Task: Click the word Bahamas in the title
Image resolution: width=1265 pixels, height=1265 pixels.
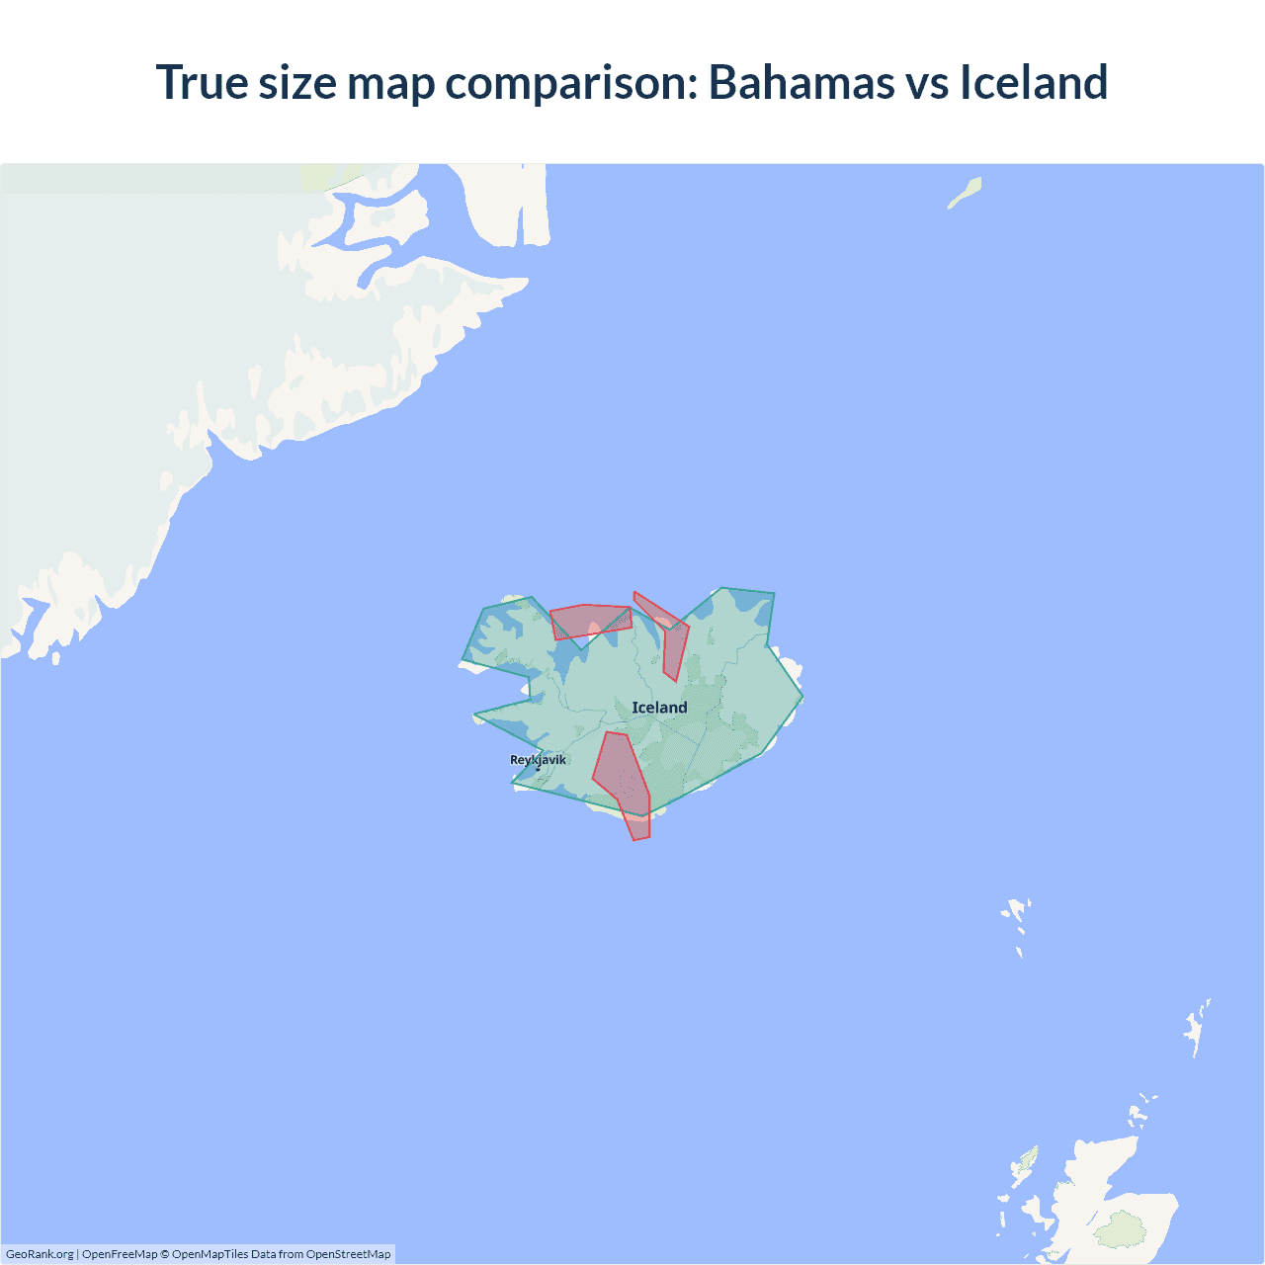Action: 801,82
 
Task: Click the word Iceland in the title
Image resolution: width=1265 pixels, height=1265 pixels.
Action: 1034,82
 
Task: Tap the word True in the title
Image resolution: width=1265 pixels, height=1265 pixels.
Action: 202,82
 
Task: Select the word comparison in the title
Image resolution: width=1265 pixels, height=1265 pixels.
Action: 572,82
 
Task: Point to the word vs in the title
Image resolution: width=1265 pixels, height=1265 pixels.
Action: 928,82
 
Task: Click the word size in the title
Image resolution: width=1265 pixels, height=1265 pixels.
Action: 296,82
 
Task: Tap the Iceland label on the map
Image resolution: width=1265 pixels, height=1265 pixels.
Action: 659,708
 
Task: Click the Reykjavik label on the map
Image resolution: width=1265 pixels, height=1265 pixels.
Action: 538,759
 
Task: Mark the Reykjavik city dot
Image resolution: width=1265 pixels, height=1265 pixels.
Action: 538,768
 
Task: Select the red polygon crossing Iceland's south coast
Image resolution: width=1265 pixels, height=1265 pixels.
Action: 623,781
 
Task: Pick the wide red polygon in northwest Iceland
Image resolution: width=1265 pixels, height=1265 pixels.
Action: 589,621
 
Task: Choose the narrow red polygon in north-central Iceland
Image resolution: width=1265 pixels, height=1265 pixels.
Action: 673,642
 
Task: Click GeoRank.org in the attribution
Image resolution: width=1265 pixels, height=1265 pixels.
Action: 40,1254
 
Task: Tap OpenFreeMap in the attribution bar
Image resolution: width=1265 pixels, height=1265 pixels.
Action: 120,1254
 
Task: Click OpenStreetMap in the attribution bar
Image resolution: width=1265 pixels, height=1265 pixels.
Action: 348,1254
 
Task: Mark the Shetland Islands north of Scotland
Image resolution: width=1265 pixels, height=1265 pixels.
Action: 1197,1029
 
